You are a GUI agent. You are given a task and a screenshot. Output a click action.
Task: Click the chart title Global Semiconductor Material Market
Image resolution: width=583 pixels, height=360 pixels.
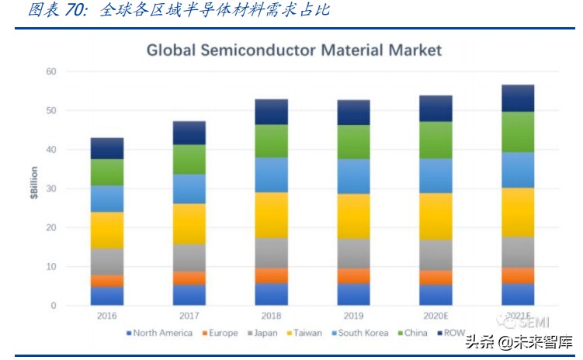click(294, 51)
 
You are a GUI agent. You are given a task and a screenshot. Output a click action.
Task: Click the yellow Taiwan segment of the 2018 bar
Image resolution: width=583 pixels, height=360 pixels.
click(271, 215)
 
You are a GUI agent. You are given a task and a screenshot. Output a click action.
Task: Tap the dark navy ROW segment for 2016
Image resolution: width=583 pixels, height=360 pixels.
click(107, 148)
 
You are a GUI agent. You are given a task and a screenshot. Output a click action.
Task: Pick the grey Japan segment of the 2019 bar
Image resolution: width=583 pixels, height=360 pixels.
click(353, 253)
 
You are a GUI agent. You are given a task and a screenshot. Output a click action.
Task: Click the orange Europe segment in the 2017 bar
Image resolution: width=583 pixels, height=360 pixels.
click(189, 278)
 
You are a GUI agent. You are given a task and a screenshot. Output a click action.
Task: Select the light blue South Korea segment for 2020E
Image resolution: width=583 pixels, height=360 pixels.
click(436, 175)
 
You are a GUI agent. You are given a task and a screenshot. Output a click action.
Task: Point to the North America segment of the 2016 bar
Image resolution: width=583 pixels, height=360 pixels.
click(107, 296)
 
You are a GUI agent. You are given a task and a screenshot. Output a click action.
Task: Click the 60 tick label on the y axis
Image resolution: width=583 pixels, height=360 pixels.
click(51, 71)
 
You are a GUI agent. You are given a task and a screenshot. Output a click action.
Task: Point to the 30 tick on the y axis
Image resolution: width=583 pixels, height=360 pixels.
click(51, 189)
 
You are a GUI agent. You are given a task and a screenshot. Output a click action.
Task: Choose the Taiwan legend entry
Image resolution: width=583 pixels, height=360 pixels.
click(304, 334)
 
